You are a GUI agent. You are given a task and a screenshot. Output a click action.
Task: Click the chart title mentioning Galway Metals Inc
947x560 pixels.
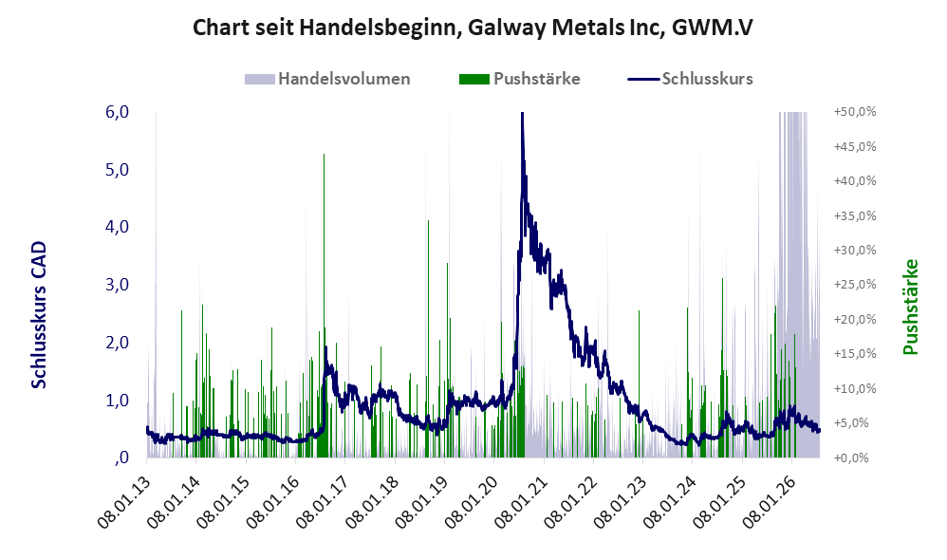[473, 28]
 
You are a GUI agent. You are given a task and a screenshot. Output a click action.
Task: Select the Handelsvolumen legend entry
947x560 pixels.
[327, 79]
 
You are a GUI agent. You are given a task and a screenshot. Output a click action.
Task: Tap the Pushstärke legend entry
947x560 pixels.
[519, 79]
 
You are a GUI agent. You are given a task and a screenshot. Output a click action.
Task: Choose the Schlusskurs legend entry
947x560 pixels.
[690, 79]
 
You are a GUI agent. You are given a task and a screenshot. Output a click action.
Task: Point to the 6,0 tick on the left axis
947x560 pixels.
[117, 112]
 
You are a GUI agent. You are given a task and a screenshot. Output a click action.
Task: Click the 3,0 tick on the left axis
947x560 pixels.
[117, 285]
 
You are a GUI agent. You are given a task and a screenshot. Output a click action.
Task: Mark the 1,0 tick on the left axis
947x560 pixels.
[117, 400]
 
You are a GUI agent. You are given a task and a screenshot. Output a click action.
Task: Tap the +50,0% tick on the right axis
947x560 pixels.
[855, 112]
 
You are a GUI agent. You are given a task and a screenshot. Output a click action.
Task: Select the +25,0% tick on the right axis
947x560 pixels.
[855, 285]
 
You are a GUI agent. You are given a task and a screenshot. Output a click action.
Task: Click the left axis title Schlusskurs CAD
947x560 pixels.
[39, 315]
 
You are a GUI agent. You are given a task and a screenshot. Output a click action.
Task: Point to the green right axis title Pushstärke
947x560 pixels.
[910, 307]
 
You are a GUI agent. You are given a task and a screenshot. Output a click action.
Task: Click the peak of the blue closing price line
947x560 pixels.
[522, 113]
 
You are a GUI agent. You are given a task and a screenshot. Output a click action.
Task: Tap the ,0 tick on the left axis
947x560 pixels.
[121, 457]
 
